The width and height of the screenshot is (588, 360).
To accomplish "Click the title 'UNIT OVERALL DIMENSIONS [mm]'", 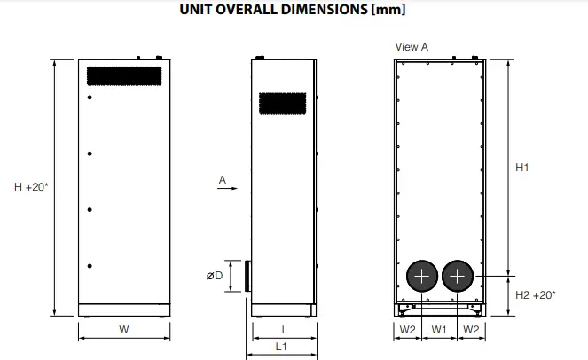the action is pos(293,10).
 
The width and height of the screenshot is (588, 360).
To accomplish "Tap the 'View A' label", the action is pos(412,47).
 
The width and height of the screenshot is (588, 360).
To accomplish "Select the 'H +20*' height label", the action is pos(31,187).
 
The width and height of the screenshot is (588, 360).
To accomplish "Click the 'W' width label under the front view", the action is pos(124,330).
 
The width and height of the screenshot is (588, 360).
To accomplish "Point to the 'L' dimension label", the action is pos(285,330).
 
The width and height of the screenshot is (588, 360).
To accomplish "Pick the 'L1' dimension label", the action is pos(281,347).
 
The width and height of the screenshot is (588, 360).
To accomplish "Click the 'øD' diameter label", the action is pos(215,276).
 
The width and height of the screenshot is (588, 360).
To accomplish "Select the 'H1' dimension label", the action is pos(522,168).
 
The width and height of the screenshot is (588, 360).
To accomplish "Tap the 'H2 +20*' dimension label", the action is pos(536,295).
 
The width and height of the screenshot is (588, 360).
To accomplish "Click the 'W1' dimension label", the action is pos(439,330).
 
